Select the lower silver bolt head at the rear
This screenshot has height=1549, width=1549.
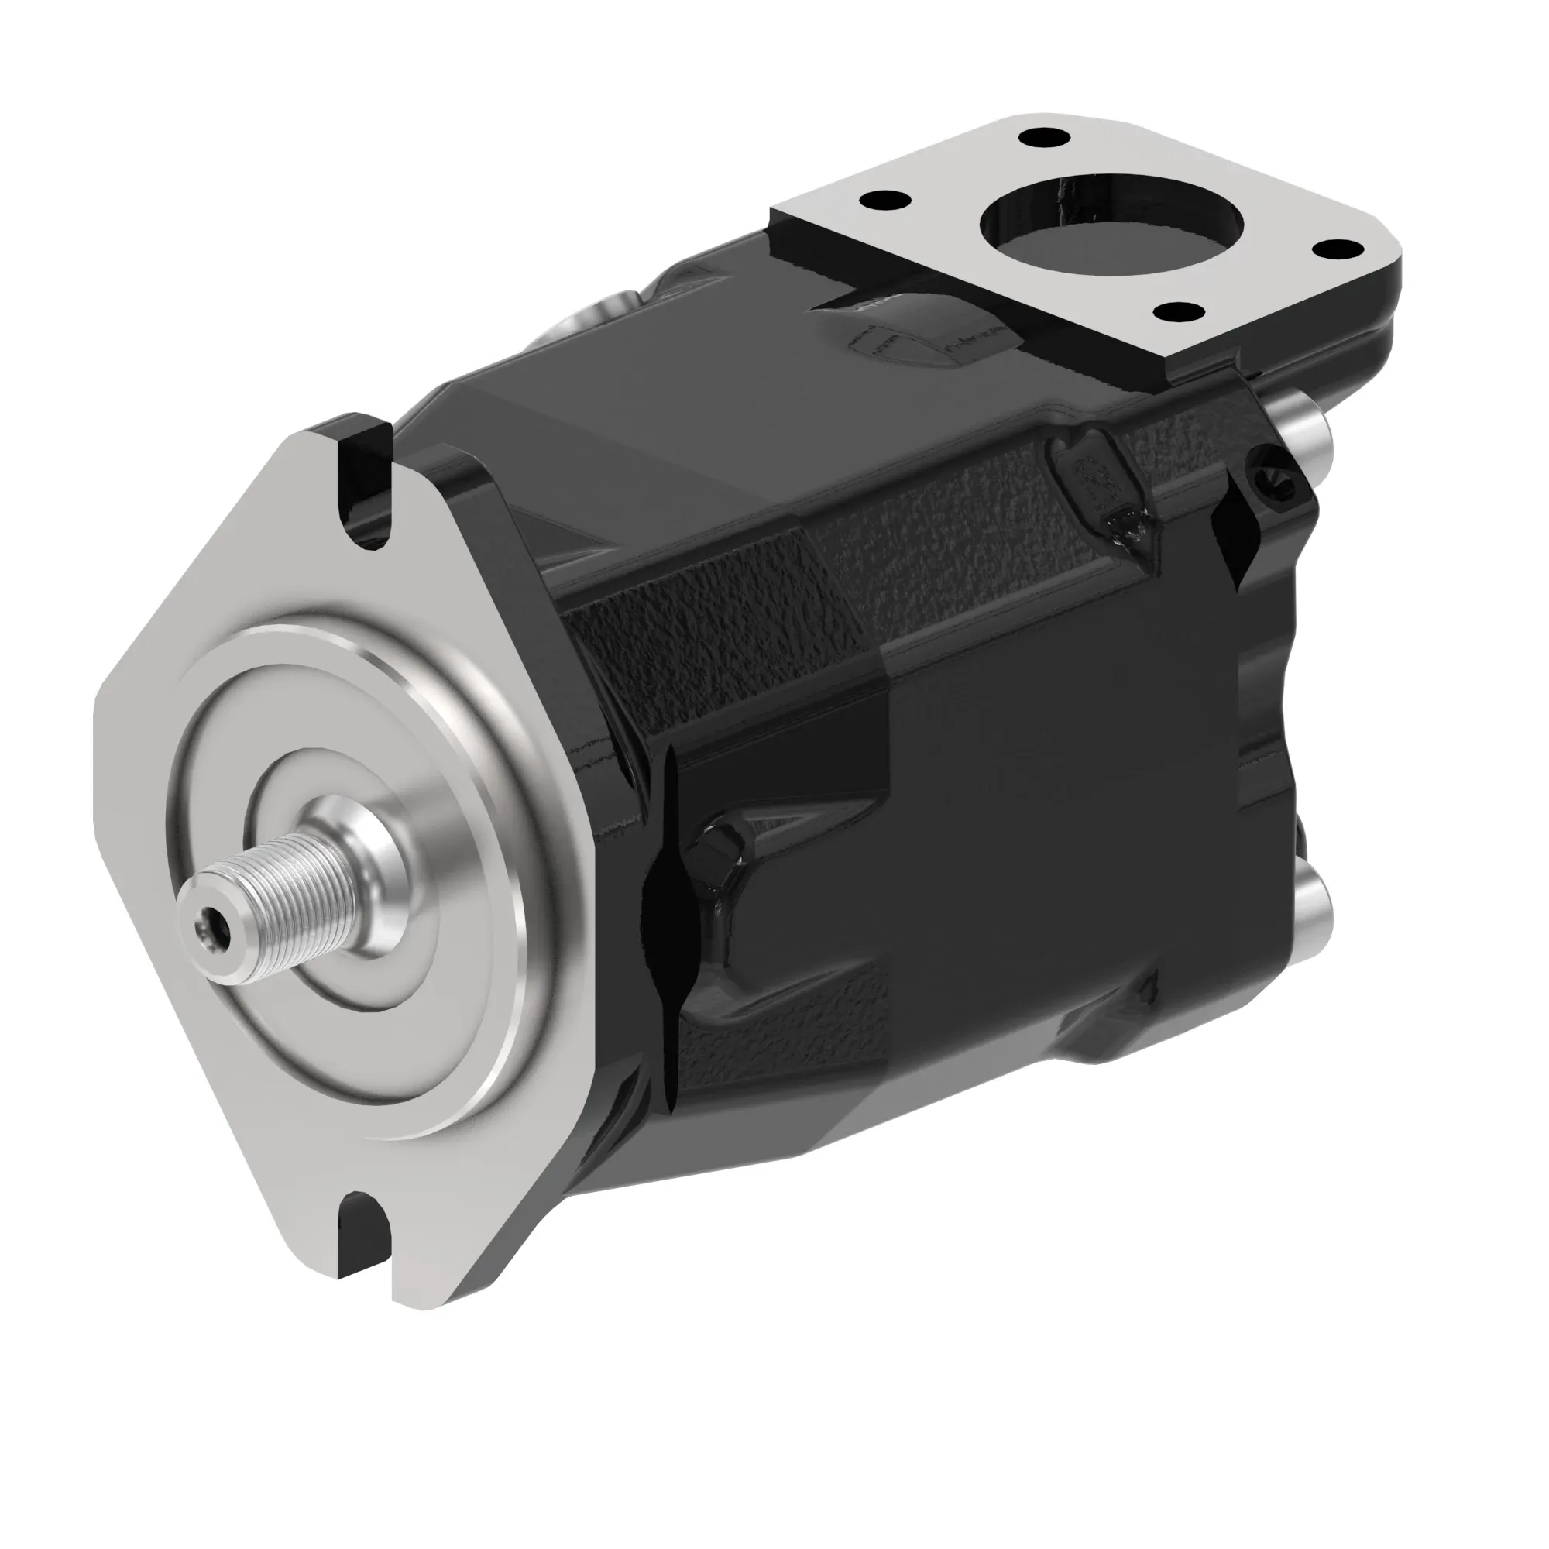click(x=1315, y=898)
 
